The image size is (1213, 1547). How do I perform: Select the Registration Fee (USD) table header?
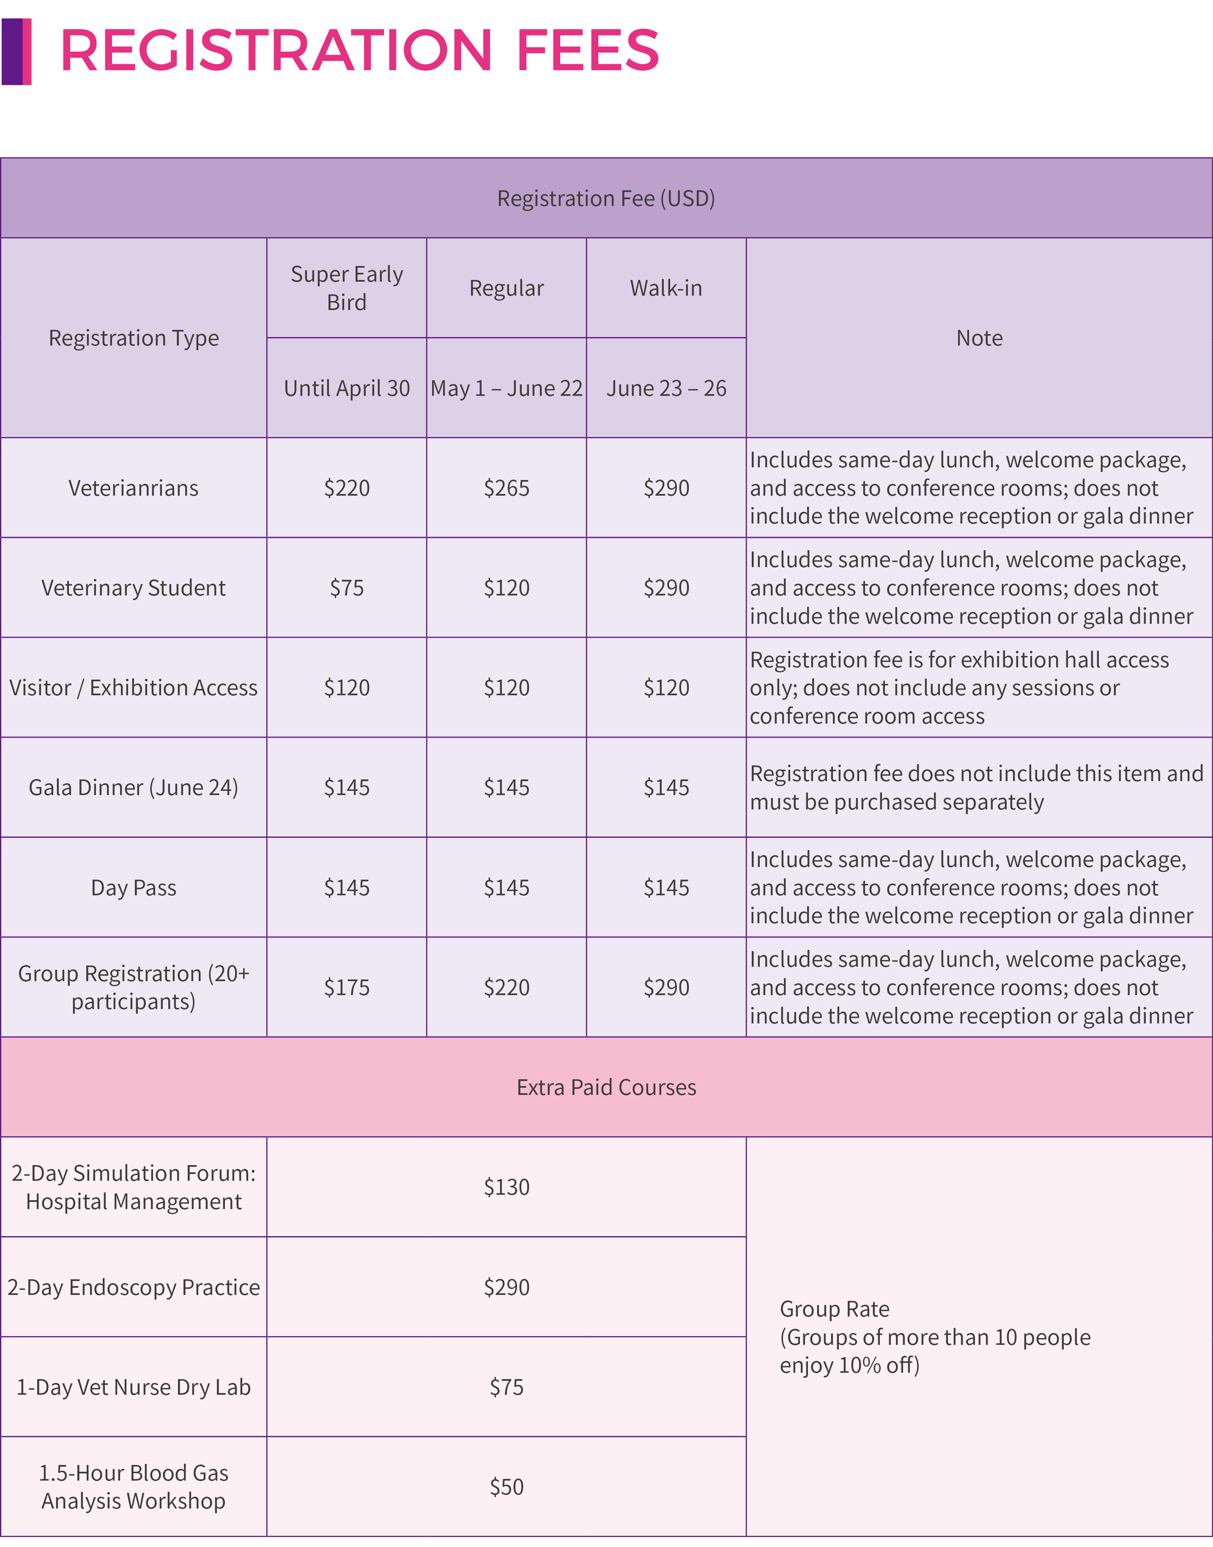tap(606, 198)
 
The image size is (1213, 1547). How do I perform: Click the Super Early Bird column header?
tap(347, 288)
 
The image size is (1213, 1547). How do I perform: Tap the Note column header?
tap(979, 338)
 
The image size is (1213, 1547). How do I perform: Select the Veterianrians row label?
tap(134, 488)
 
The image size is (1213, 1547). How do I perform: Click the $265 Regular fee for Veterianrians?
tap(507, 488)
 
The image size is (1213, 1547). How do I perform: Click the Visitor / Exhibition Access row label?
tap(134, 688)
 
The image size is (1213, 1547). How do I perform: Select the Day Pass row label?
tap(134, 888)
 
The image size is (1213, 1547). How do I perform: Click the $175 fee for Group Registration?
tap(347, 987)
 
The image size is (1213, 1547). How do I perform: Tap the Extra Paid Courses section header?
tap(606, 1087)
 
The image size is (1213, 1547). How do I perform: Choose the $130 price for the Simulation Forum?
tap(507, 1187)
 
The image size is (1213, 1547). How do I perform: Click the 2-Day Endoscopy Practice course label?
tap(134, 1287)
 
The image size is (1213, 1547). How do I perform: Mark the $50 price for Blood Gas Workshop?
tap(507, 1487)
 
